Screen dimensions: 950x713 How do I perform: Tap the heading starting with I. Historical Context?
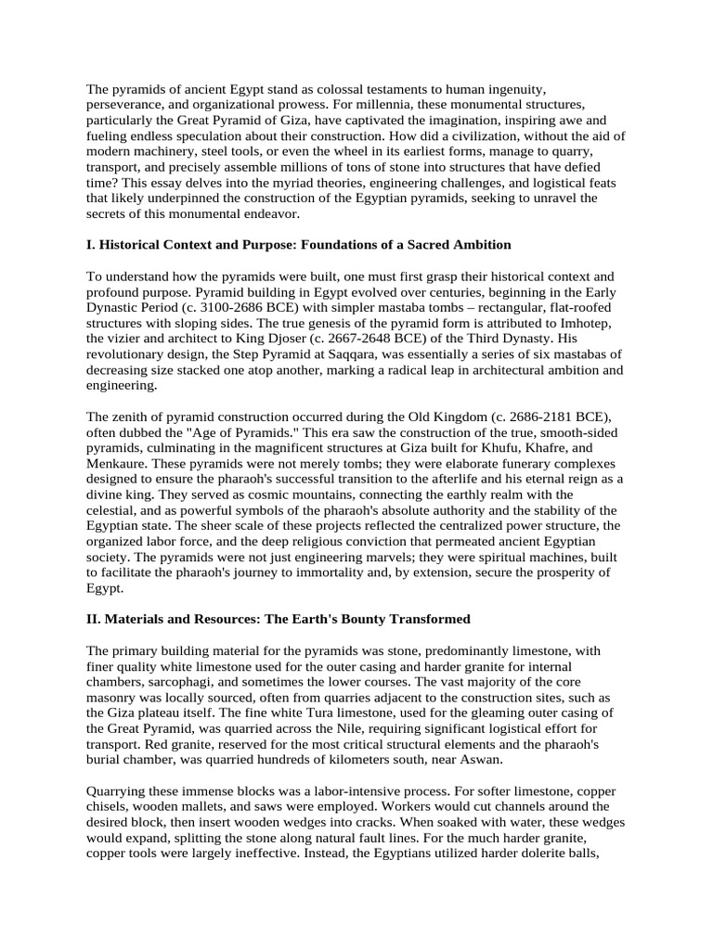[299, 244]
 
